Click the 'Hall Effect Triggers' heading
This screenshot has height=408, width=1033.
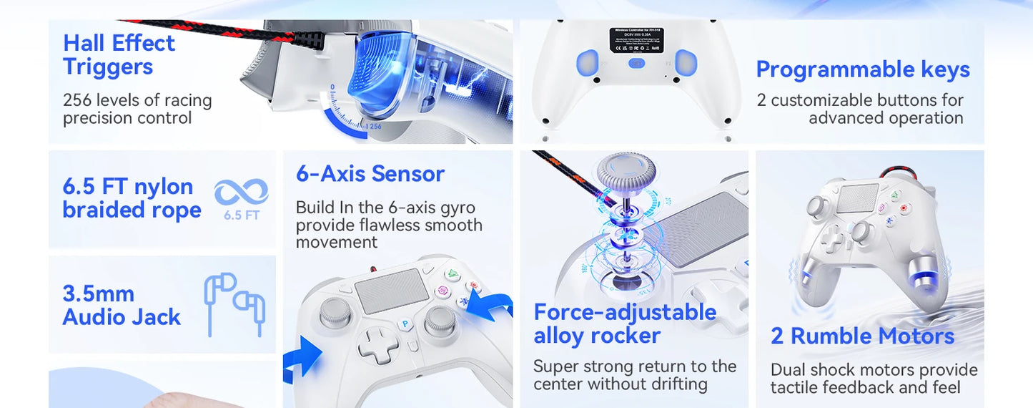coord(119,54)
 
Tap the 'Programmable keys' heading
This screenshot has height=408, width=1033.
coord(863,69)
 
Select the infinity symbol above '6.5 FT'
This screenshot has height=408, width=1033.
coord(241,192)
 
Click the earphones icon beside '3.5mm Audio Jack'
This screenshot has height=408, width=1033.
coord(235,303)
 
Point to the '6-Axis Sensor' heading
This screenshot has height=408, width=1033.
coord(370,174)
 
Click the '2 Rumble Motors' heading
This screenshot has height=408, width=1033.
coord(862,336)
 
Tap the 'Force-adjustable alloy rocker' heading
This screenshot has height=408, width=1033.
coord(625,324)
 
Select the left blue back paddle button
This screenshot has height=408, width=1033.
coord(588,62)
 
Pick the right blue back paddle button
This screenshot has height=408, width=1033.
coord(686,62)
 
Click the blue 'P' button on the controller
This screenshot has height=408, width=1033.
coord(405,324)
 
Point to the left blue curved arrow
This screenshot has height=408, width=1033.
coord(300,357)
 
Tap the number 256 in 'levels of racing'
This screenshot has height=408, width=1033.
coord(77,100)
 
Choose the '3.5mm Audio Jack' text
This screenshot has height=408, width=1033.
coord(122,306)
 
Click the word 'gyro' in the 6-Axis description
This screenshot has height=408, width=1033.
coord(455,208)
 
